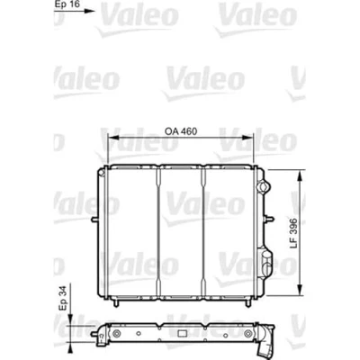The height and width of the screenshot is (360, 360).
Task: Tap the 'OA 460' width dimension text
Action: [x=181, y=131]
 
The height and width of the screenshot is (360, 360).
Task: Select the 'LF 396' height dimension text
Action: [x=293, y=233]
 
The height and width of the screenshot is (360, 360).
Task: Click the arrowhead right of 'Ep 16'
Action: [x=89, y=11]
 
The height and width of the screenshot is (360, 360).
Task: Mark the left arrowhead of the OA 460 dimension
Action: [x=113, y=138]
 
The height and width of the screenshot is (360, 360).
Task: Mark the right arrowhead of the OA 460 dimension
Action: [x=247, y=138]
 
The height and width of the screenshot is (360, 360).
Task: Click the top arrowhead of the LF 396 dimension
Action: [x=300, y=175]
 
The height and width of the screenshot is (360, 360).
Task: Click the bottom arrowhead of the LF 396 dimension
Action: [x=300, y=289]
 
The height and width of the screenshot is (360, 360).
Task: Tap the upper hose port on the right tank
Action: [x=263, y=187]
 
